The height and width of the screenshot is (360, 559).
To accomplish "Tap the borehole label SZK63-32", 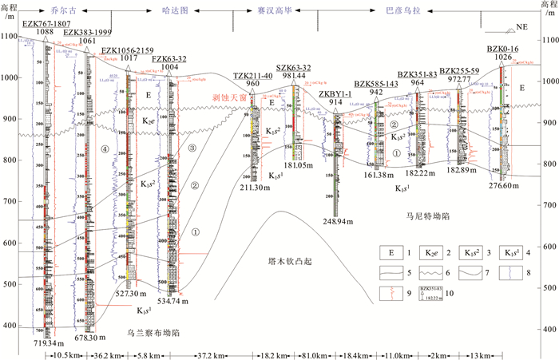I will pyautogui.click(x=293, y=68).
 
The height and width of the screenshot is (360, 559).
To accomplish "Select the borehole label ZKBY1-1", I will pyautogui.click(x=336, y=93).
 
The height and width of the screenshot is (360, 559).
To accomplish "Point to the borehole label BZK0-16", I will pyautogui.click(x=502, y=49).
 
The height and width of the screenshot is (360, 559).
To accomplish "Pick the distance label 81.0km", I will pyautogui.click(x=299, y=353).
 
